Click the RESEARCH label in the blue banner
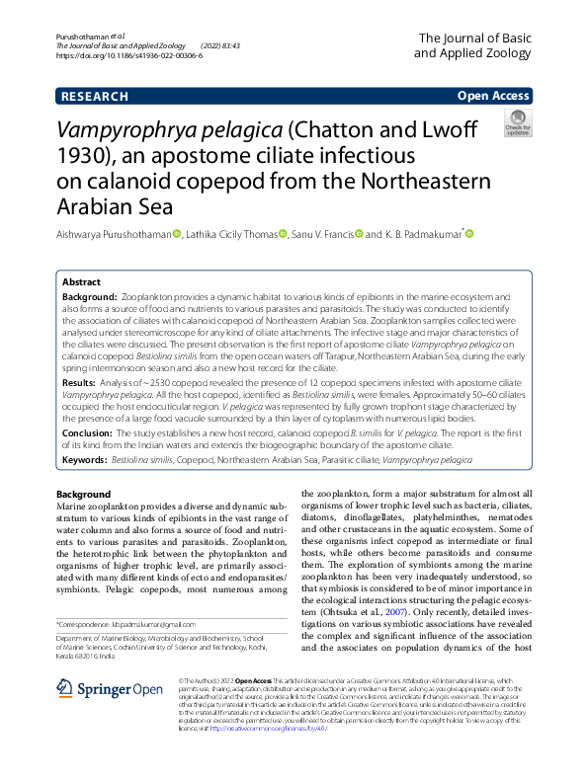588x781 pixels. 94,97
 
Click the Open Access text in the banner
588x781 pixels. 492,97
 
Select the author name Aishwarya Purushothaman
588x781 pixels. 114,234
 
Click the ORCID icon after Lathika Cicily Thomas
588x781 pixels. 284,234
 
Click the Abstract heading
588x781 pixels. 82,281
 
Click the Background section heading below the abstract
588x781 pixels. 84,494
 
